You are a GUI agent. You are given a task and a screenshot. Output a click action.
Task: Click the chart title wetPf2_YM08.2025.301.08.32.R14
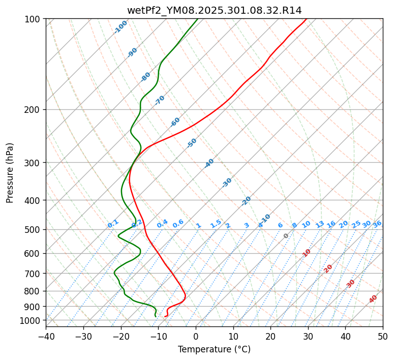click(214, 10)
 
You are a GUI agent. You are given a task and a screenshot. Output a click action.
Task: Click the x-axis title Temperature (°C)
click(214, 350)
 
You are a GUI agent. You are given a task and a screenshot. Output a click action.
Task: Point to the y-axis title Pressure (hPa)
click(10, 173)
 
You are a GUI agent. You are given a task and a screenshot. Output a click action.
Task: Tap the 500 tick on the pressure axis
click(34, 230)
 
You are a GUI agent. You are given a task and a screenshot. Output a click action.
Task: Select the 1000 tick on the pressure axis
click(32, 321)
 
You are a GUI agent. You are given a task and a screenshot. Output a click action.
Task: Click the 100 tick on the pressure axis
click(34, 19)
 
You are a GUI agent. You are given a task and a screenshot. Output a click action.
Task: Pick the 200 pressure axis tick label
click(34, 110)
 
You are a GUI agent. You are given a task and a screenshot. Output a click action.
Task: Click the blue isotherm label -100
click(120, 27)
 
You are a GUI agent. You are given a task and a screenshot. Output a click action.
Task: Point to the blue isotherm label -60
click(175, 122)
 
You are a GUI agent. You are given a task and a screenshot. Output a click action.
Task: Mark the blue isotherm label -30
click(227, 183)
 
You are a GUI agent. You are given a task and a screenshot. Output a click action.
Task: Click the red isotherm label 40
click(373, 299)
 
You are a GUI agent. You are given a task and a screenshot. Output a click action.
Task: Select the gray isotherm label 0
click(286, 236)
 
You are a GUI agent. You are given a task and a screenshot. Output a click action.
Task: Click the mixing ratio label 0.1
click(113, 223)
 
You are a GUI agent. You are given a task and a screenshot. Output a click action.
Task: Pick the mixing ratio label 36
click(377, 224)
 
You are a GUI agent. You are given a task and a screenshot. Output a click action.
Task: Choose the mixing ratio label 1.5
click(216, 223)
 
